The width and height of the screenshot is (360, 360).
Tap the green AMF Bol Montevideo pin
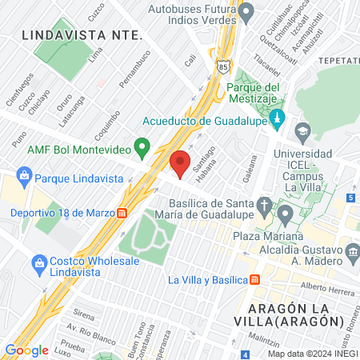click(142, 147)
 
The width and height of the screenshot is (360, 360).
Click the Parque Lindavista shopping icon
click(24, 175)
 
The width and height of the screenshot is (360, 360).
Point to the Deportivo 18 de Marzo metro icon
click(122, 213)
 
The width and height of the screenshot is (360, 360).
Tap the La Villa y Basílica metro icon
click(255, 279)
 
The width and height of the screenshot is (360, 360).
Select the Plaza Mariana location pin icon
click(286, 214)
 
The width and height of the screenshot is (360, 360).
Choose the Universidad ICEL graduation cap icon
click(302, 130)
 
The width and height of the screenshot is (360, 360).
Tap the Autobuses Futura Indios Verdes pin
click(247, 13)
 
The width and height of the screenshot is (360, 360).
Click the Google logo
click(26, 350)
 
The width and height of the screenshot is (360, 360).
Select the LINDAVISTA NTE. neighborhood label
click(82, 35)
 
